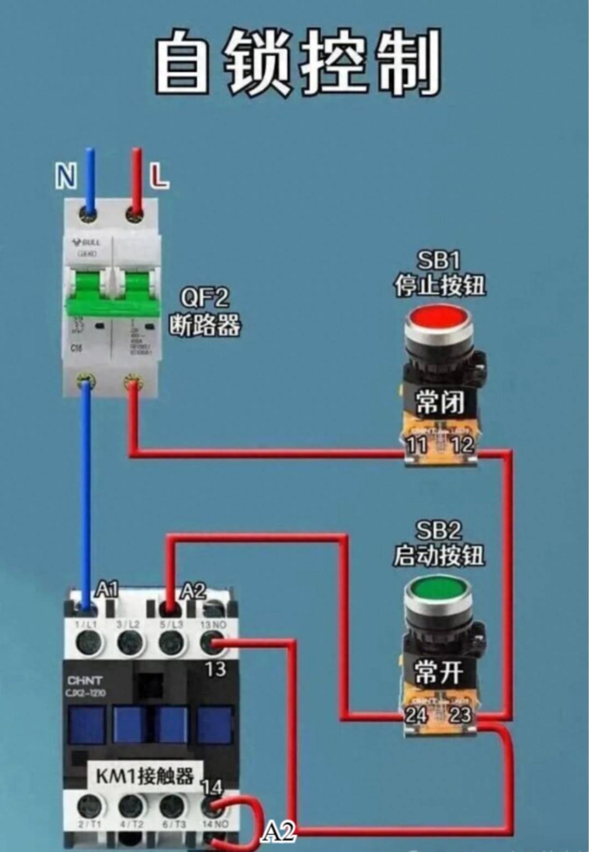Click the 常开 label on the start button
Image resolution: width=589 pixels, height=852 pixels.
438,672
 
